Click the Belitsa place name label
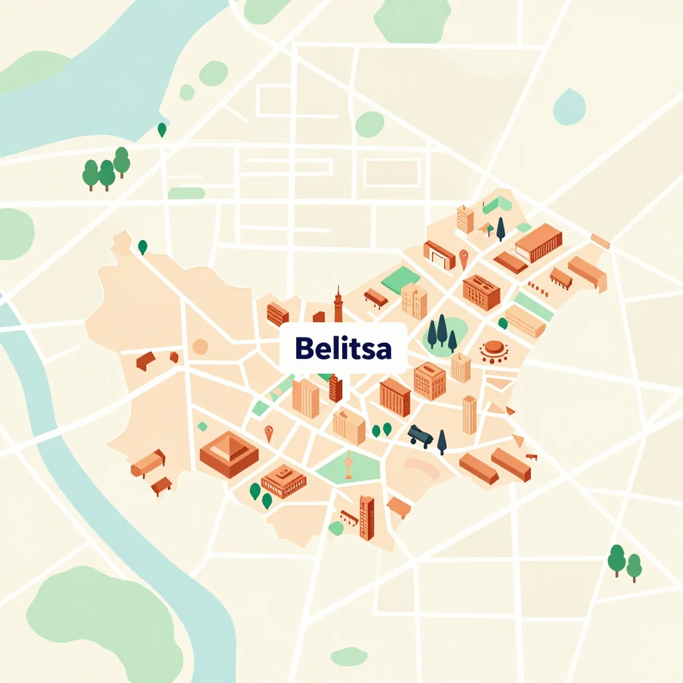[x=342, y=348]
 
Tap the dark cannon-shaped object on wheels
[x=421, y=436]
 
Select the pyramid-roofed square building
[x=229, y=453]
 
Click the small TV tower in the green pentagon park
[x=348, y=465]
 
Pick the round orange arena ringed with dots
[x=494, y=350]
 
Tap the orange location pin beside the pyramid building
[x=269, y=433]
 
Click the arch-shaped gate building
[x=439, y=254]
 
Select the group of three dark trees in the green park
[x=442, y=331]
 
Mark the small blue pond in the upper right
[x=569, y=107]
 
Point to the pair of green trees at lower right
[x=625, y=562]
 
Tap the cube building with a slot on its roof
[x=430, y=380]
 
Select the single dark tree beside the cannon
[x=442, y=442]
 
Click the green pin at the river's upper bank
[x=161, y=130]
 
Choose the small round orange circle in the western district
[x=200, y=346]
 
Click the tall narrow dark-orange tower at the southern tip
[x=367, y=517]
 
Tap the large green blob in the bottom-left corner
[x=100, y=620]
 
